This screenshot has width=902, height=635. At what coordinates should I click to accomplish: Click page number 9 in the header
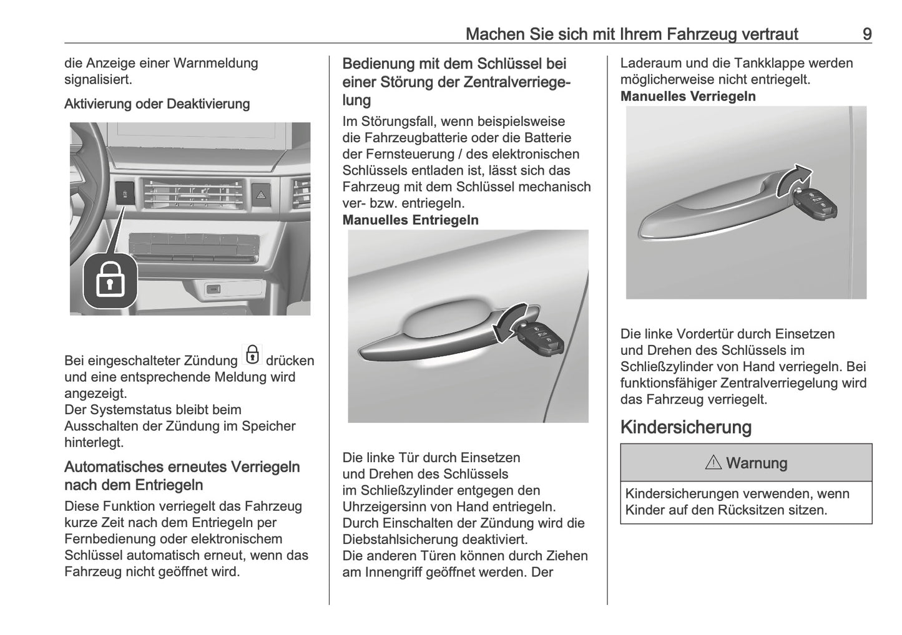[x=866, y=34]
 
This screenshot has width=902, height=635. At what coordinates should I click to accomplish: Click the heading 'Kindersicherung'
[x=685, y=427]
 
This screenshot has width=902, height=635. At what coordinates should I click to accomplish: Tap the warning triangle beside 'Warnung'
[x=713, y=463]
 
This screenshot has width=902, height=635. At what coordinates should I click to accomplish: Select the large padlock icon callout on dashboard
[x=110, y=281]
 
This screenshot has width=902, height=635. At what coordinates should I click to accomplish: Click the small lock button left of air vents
[x=125, y=193]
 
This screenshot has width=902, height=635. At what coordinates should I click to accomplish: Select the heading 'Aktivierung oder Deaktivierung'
[x=157, y=104]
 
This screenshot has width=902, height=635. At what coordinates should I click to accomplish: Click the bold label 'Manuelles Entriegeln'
[x=410, y=220]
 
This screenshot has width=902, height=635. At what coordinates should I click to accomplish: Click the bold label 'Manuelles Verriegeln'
[x=688, y=97]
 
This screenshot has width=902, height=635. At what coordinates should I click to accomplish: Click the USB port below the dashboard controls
[x=213, y=288]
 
